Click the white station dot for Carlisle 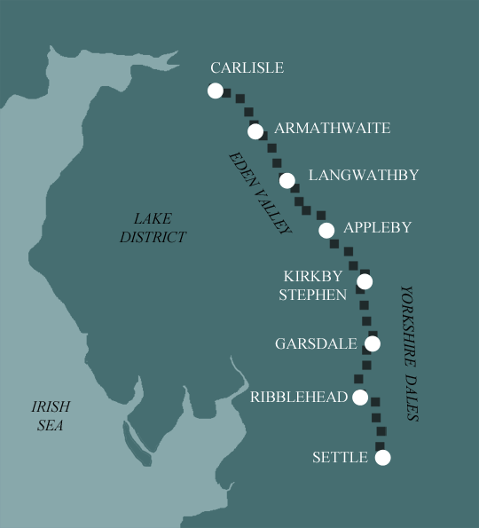(x=215, y=91)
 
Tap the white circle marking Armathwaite (x=255, y=132)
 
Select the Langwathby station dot (x=287, y=181)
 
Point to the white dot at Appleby (x=326, y=231)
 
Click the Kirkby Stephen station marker (x=364, y=282)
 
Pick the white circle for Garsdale (x=372, y=343)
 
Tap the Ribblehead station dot (x=360, y=398)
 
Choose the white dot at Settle (x=382, y=458)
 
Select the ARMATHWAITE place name (x=332, y=129)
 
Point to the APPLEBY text (x=377, y=227)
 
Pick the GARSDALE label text (x=316, y=343)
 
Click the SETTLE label (x=340, y=458)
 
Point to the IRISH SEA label (x=51, y=415)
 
